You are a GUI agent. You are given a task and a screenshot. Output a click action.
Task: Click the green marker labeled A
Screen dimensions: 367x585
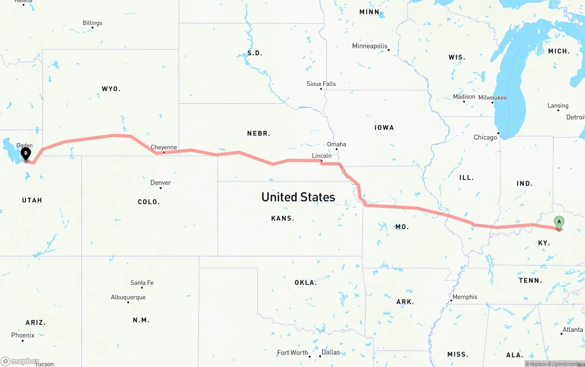tap(558, 222)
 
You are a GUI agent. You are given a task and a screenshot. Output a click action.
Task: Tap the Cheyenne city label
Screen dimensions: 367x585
tap(164, 147)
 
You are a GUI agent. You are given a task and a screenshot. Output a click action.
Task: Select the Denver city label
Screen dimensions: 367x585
tap(160, 182)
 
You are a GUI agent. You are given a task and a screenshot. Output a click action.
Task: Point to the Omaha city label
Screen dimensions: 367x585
tap(336, 144)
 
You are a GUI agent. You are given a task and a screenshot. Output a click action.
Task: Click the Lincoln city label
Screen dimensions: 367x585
tap(321, 156)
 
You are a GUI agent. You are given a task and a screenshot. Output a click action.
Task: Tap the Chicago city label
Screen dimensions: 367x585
tap(485, 137)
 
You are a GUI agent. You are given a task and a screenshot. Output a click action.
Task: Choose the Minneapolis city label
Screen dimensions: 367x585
tap(369, 46)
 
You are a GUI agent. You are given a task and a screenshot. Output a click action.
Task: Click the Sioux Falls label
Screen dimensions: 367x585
tap(321, 84)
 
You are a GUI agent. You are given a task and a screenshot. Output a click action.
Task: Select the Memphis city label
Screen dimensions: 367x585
tap(465, 297)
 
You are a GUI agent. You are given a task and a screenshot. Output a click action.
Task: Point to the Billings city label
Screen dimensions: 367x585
tap(92, 23)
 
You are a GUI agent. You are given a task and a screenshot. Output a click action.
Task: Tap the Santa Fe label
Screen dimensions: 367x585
tap(142, 283)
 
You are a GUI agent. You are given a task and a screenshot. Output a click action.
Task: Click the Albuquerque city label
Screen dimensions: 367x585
tap(128, 297)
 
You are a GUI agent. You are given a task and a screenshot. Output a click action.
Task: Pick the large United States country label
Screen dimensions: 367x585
tap(298, 197)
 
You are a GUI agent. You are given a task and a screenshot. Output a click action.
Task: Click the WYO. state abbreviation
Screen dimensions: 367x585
tap(111, 89)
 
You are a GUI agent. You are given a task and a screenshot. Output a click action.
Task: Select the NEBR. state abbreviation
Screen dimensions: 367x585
tap(258, 133)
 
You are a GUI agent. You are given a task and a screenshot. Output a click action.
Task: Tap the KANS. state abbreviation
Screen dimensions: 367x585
tap(282, 218)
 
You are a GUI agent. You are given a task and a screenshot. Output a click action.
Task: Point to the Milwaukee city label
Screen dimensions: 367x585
tap(492, 97)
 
